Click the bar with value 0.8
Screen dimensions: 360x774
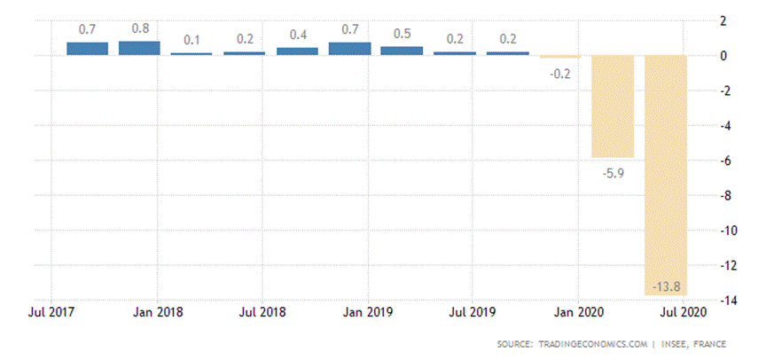[139, 48]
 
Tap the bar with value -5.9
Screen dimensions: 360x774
[614, 106]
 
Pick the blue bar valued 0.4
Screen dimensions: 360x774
[297, 51]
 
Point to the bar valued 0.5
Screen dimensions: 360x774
[403, 51]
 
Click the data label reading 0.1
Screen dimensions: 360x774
[192, 39]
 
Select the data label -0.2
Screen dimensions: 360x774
[560, 74]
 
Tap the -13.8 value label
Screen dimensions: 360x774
[665, 286]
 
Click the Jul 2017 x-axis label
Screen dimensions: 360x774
[51, 313]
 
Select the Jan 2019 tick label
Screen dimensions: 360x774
[367, 313]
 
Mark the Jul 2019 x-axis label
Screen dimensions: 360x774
[473, 313]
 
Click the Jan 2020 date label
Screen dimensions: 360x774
[578, 313]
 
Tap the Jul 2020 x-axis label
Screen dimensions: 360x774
[683, 313]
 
